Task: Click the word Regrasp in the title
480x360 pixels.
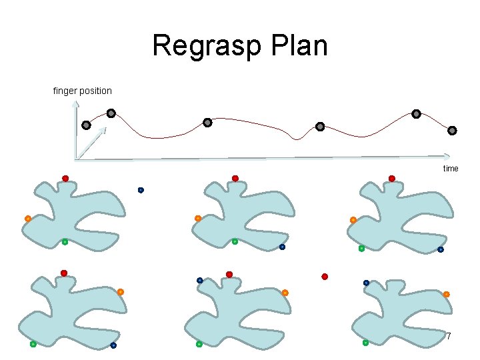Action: [x=201, y=47]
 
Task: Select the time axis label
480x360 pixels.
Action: [x=451, y=169]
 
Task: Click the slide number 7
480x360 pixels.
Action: [x=448, y=336]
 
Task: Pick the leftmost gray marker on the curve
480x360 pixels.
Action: [x=86, y=125]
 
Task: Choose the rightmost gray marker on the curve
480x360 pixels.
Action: [x=452, y=130]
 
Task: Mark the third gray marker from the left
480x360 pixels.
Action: [x=207, y=123]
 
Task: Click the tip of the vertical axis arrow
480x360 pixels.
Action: [x=76, y=102]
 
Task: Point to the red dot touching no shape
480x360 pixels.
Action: [x=325, y=276]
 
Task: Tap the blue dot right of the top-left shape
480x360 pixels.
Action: [x=141, y=190]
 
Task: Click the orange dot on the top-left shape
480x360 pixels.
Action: [x=28, y=219]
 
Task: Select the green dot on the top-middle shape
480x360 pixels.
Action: [x=235, y=242]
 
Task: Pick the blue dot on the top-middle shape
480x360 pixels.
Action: [x=282, y=247]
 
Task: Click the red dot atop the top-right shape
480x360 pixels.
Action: [x=392, y=178]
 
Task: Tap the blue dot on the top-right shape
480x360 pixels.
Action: [x=440, y=249]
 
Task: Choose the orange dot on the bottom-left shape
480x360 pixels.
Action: [x=121, y=292]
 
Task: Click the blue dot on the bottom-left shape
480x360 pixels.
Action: [x=113, y=345]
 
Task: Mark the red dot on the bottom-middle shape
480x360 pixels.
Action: [x=229, y=274]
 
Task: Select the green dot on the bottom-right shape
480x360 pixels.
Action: [x=365, y=343]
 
